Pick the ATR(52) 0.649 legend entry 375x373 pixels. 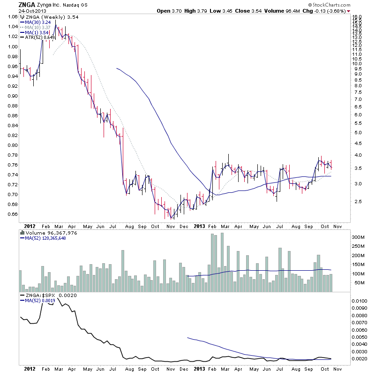pos(41,37)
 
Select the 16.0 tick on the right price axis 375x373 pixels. pos(358,16)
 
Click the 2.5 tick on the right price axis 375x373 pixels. pos(358,202)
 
